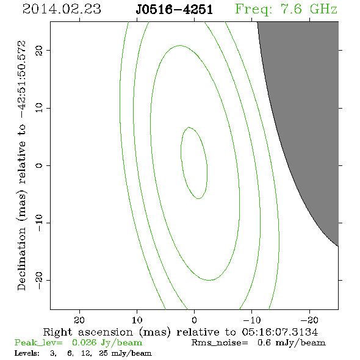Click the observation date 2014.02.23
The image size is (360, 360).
click(62, 9)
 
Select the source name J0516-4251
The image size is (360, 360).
click(174, 10)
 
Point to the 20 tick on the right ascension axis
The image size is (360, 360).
click(79, 320)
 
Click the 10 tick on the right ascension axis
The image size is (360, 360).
click(137, 320)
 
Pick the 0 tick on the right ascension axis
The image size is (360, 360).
click(195, 320)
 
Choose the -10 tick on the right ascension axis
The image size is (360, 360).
click(252, 320)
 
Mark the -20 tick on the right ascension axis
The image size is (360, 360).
click(309, 320)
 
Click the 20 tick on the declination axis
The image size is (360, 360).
click(39, 51)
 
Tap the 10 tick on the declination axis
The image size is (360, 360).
click(39, 108)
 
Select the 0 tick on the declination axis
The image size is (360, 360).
click(39, 165)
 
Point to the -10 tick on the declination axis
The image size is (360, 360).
click(39, 223)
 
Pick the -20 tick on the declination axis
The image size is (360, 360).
click(39, 280)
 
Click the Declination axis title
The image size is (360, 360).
click(21, 165)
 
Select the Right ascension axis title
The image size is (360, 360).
click(181, 332)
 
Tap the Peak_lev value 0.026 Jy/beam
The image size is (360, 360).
click(107, 343)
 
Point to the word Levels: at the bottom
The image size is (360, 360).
click(27, 353)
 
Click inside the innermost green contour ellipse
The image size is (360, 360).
click(194, 163)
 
